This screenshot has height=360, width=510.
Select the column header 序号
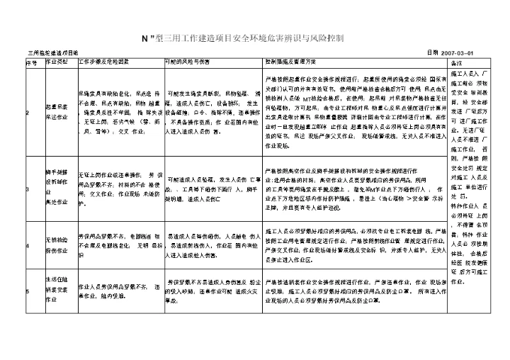(x=31, y=62)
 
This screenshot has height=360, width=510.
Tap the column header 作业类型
(x=57, y=62)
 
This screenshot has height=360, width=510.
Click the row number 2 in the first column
(x=28, y=113)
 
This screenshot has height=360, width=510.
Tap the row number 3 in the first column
(x=28, y=189)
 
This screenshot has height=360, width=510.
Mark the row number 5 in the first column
(x=28, y=290)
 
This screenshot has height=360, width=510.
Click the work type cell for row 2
(x=59, y=113)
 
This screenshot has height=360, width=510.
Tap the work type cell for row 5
(x=58, y=290)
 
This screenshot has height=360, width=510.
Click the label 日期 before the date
(x=433, y=53)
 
